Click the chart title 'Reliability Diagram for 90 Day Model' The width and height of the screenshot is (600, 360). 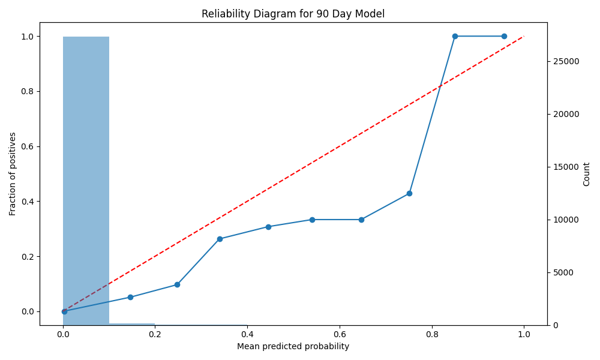coord(293,14)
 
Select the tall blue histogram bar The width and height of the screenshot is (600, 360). coord(86,181)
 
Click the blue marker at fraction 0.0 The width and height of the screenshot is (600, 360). coord(64,311)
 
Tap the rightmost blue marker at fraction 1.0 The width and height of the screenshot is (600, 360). coord(504,37)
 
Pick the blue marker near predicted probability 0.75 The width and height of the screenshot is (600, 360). coord(409,194)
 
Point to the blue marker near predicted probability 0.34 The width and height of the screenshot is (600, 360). coord(220,239)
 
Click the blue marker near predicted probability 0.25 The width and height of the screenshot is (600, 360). coord(177,284)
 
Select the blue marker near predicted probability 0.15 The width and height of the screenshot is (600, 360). coord(130,297)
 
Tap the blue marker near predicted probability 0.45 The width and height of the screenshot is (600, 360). coord(268,227)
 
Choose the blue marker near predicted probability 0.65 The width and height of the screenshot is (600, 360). coord(361,220)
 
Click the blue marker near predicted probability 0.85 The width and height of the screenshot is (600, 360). coord(455,37)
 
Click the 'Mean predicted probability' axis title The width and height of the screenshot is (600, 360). coord(293,347)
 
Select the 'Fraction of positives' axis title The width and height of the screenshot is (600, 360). coord(13,174)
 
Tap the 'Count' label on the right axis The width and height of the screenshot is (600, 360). coord(586,174)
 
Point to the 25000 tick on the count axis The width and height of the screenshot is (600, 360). coord(566,61)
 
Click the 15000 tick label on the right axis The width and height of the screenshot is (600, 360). coord(566,167)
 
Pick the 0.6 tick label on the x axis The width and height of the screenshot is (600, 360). coord(340,334)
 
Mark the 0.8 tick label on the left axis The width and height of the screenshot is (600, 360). coord(28,91)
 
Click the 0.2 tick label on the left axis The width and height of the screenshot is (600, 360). coord(28,257)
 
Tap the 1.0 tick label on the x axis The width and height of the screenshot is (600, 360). coord(524,334)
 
